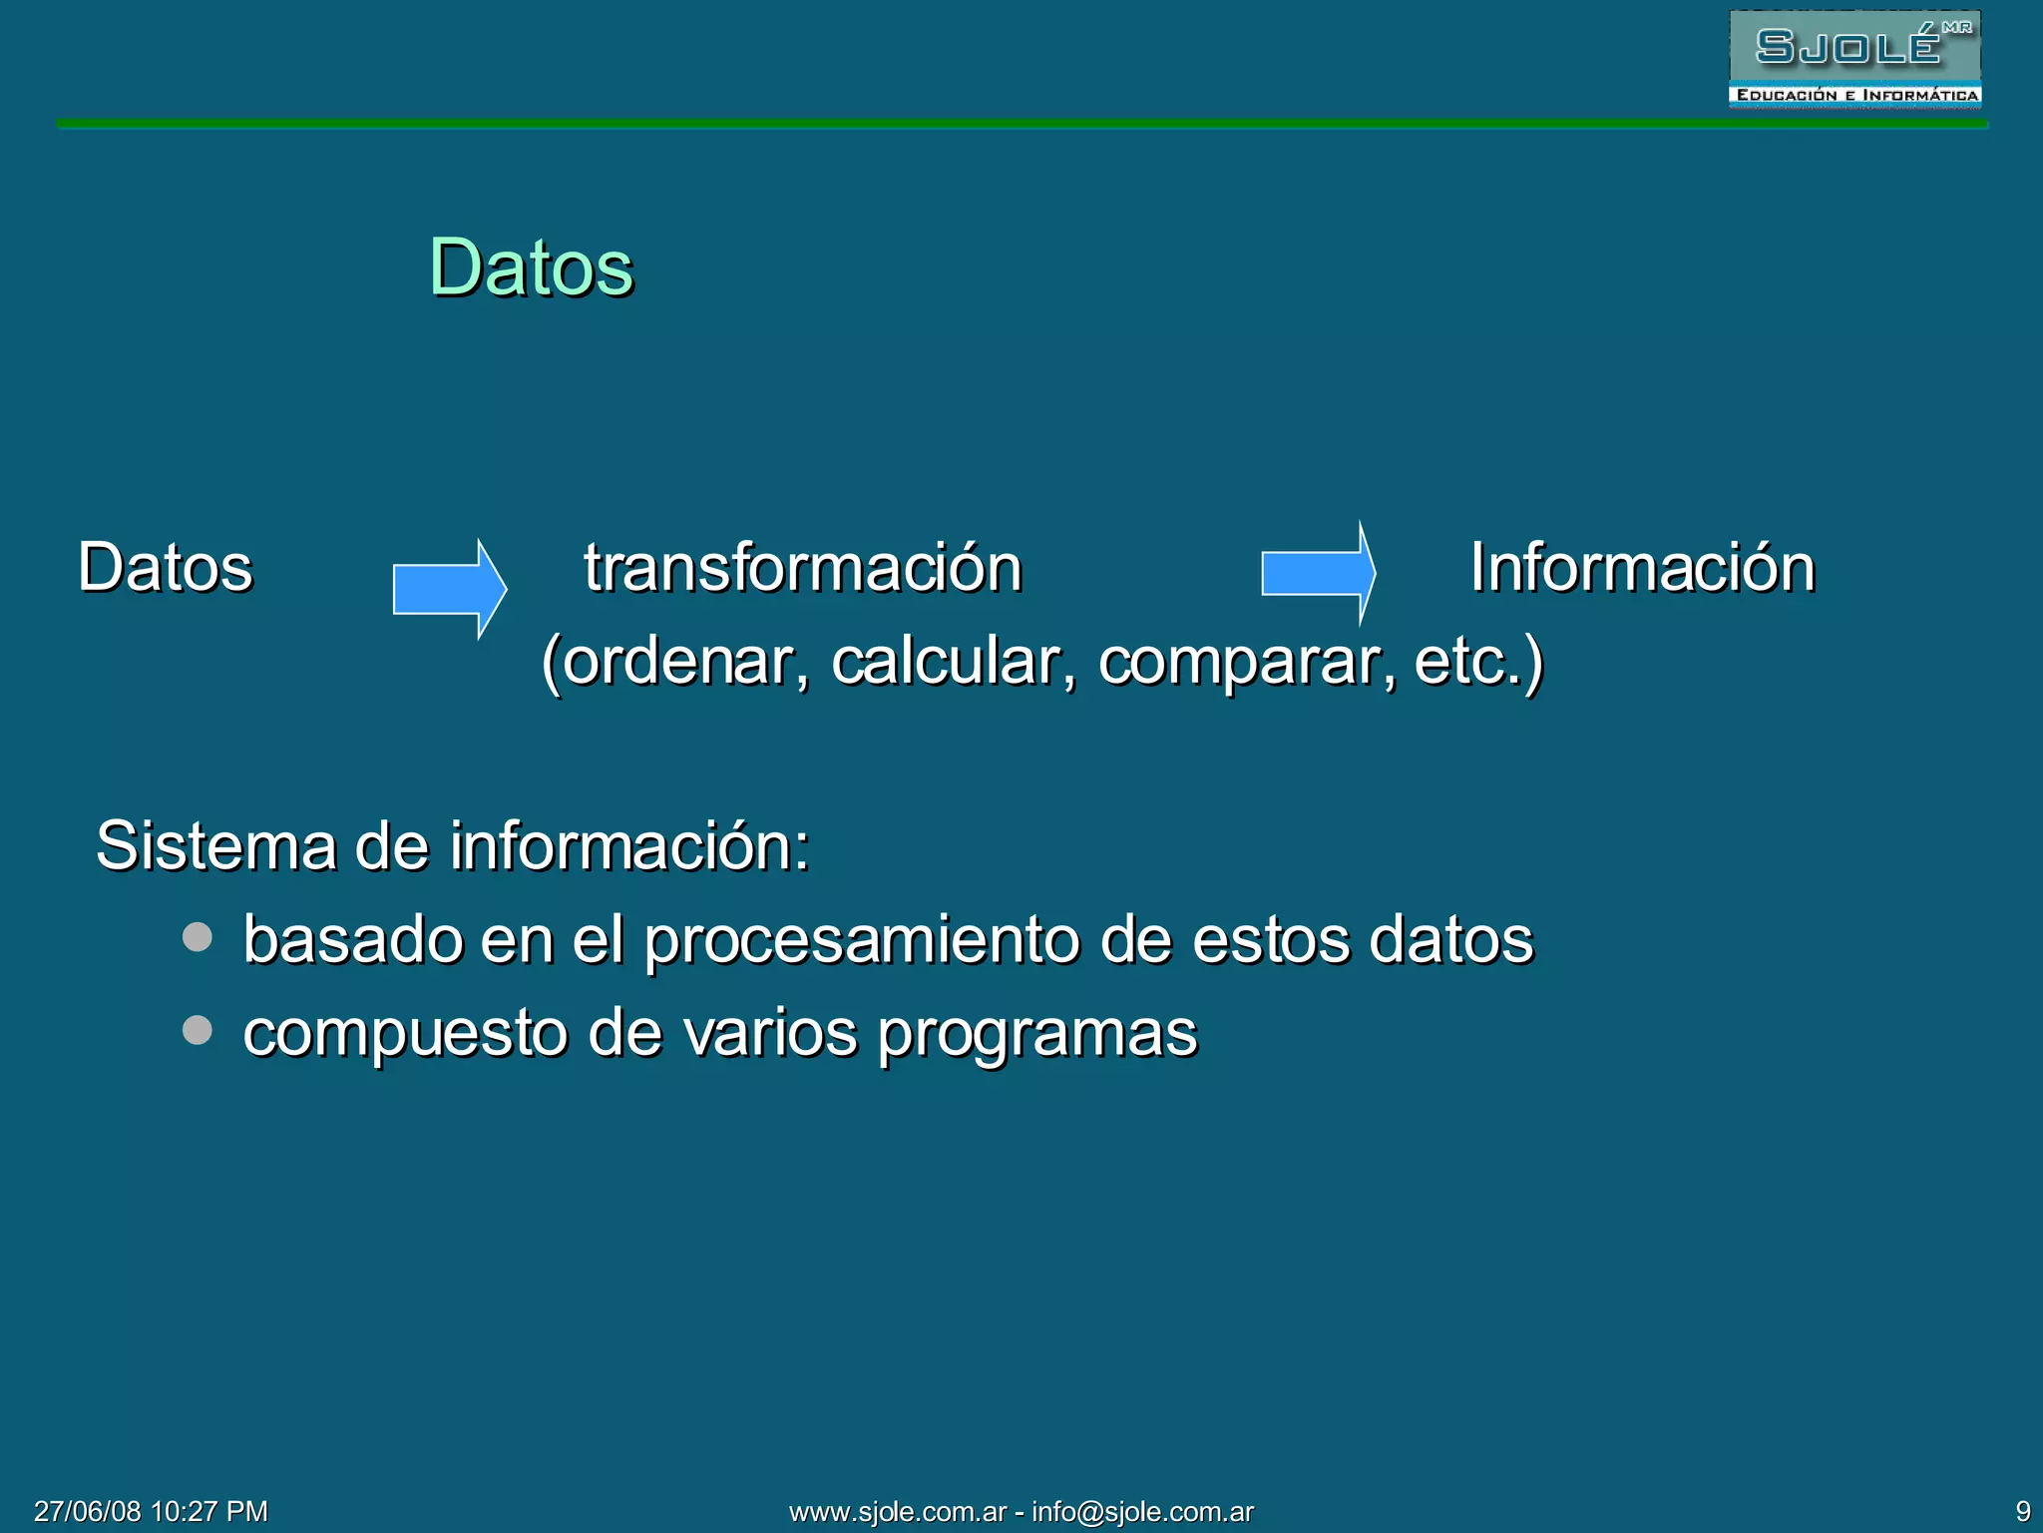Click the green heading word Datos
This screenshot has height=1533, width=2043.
click(531, 267)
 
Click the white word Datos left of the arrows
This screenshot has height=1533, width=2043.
click(166, 567)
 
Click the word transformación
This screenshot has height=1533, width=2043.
click(803, 567)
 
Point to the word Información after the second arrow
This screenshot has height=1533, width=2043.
click(1642, 567)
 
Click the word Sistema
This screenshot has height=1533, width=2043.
click(215, 846)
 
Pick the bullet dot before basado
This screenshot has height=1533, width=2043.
click(198, 936)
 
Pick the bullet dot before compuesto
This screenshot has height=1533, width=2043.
click(198, 1029)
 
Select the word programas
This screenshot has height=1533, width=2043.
click(1037, 1034)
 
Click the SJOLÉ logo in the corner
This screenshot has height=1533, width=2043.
click(1854, 58)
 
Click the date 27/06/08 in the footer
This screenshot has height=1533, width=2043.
click(88, 1511)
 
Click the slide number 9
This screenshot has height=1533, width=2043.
click(2023, 1511)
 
